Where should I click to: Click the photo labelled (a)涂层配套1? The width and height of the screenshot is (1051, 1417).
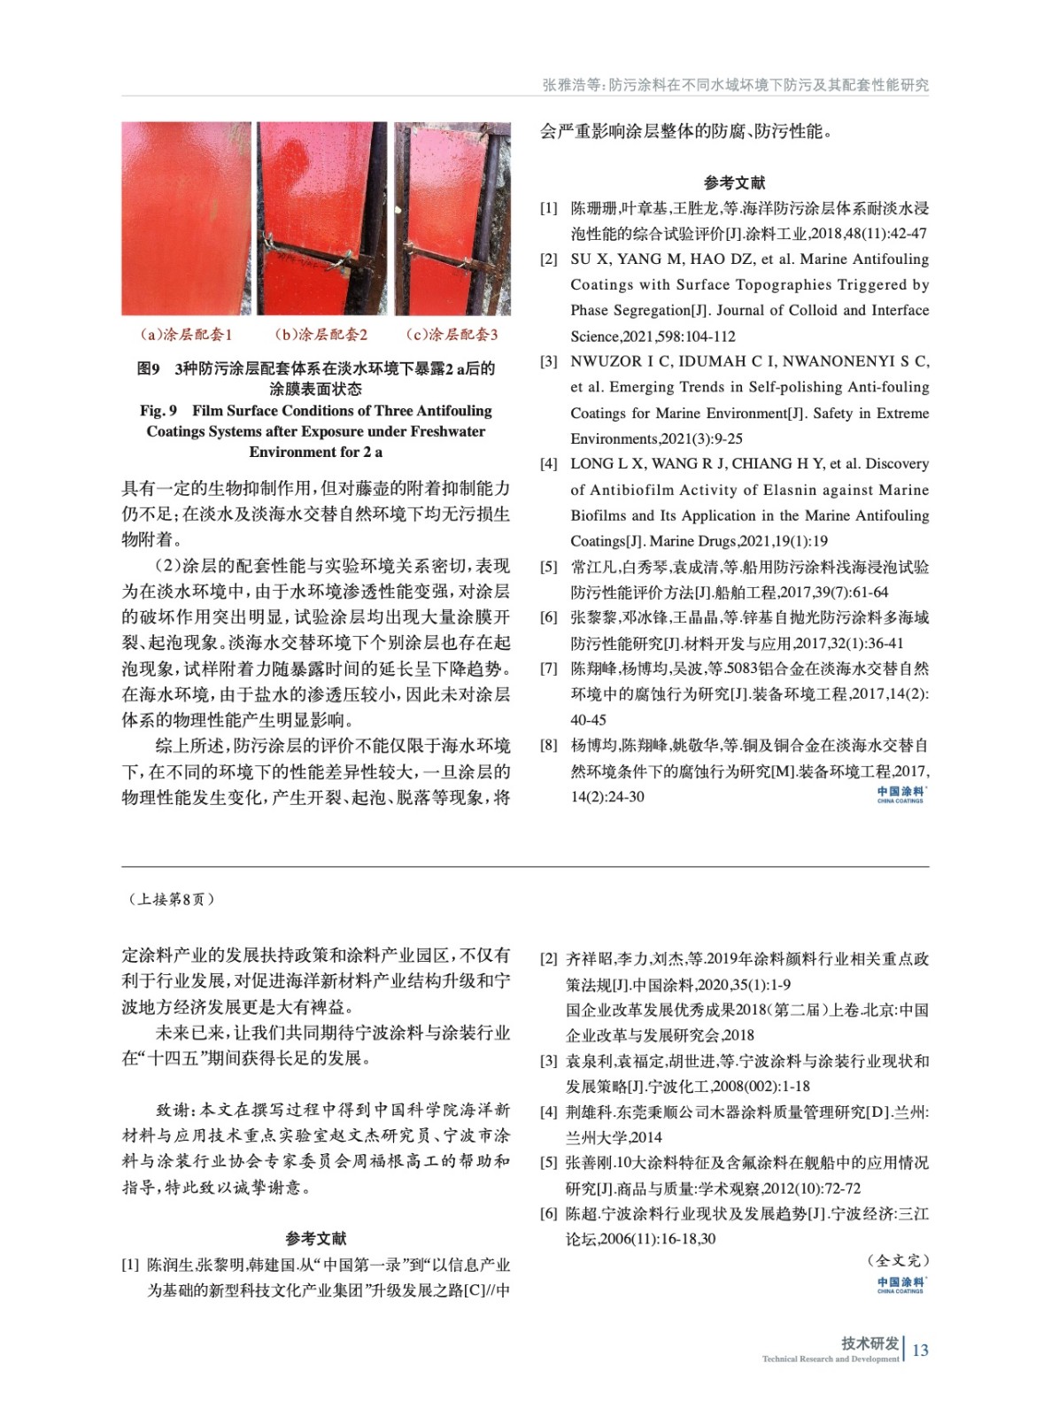pyautogui.click(x=186, y=218)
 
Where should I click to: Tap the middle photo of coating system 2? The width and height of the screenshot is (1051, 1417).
pyautogui.click(x=321, y=218)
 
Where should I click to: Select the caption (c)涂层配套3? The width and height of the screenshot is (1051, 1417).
pyautogui.click(x=452, y=335)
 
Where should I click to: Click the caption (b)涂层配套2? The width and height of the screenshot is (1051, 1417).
pyautogui.click(x=321, y=335)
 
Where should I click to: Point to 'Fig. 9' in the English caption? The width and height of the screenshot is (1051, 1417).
pyautogui.click(x=158, y=411)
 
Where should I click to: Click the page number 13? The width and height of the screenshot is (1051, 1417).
pyautogui.click(x=920, y=1350)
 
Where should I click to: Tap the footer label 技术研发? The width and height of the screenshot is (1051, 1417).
pyautogui.click(x=869, y=1343)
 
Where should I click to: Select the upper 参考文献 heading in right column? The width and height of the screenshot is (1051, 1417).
pyautogui.click(x=734, y=183)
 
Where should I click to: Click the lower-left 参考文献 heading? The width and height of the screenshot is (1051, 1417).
pyautogui.click(x=316, y=1238)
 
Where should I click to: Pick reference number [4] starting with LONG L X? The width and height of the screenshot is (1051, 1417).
pyautogui.click(x=549, y=464)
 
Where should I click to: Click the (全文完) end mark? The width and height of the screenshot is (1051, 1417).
pyautogui.click(x=898, y=1259)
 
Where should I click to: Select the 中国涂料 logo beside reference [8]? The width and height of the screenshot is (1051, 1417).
pyautogui.click(x=900, y=794)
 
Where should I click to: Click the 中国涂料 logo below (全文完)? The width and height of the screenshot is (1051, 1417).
pyautogui.click(x=900, y=1284)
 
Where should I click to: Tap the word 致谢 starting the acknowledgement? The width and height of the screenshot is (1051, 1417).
pyautogui.click(x=174, y=1110)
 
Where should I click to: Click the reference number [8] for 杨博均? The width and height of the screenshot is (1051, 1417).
pyautogui.click(x=549, y=746)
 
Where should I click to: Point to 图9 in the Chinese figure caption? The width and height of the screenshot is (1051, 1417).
pyautogui.click(x=149, y=368)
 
